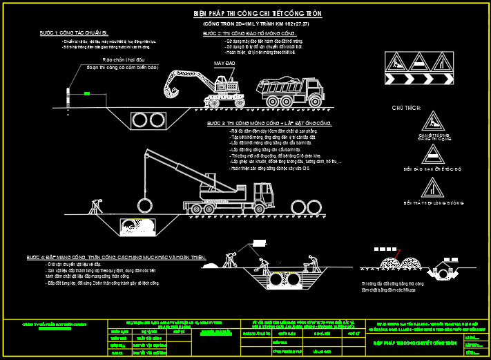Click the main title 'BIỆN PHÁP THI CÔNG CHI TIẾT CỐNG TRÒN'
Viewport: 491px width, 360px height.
click(x=258, y=14)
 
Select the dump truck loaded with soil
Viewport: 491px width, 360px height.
click(x=291, y=91)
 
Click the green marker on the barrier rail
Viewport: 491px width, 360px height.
click(x=86, y=93)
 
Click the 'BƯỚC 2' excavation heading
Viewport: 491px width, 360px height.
click(x=249, y=33)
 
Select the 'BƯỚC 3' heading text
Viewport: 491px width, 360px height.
click(x=269, y=123)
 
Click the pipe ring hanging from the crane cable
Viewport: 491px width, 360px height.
click(x=145, y=205)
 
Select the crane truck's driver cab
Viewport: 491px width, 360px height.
click(x=264, y=193)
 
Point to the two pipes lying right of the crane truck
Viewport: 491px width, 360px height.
click(x=308, y=207)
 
